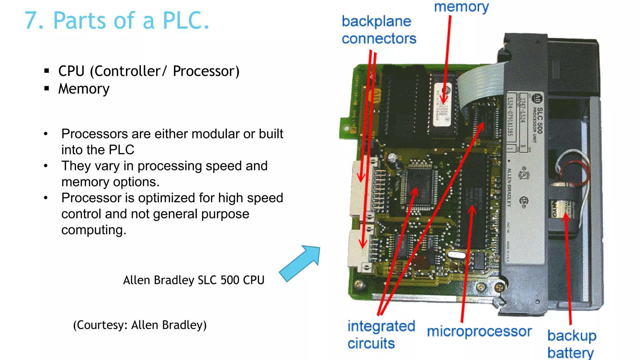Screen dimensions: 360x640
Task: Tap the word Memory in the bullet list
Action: point(84,89)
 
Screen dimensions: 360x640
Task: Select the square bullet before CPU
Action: point(47,71)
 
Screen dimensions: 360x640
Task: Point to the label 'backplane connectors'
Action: point(379,30)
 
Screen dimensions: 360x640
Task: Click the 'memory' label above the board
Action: point(461,7)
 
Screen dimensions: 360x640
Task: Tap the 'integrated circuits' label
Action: point(381,334)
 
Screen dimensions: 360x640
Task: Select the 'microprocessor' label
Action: point(479,331)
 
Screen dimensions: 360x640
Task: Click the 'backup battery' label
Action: point(572,344)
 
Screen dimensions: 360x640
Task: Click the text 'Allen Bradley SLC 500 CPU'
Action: point(193,280)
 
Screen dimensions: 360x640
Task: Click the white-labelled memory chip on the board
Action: point(442,105)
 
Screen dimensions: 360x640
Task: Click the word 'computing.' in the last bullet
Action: point(94,230)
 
